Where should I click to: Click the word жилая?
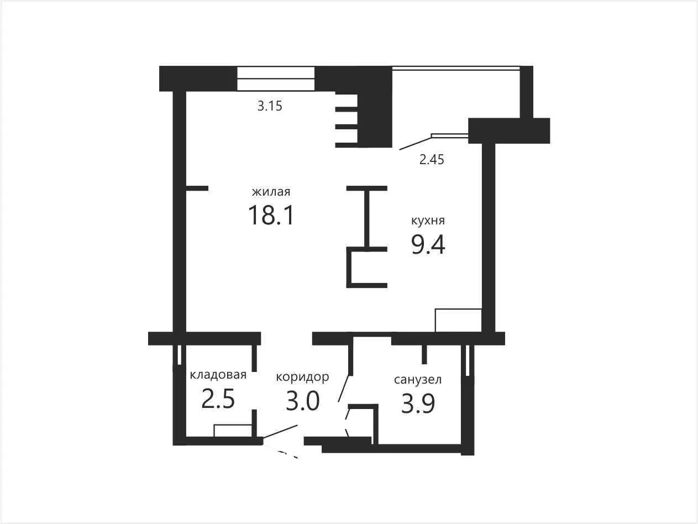[271, 192]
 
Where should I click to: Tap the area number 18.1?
[271, 215]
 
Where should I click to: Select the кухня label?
[428, 221]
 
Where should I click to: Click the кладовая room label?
[218, 375]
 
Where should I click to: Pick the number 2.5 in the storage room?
[218, 399]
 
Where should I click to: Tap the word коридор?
[302, 377]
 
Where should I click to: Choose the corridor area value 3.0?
[302, 401]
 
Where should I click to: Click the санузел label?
[417, 380]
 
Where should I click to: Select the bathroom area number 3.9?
[417, 404]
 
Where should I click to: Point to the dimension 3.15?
[270, 106]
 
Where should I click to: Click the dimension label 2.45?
[432, 160]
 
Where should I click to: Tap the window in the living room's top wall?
[276, 78]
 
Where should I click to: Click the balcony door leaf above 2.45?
[416, 143]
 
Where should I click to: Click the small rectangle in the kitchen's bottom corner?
[458, 320]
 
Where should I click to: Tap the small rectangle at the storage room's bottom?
[233, 431]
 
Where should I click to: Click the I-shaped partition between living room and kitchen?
[366, 218]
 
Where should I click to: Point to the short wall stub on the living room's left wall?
[197, 188]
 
